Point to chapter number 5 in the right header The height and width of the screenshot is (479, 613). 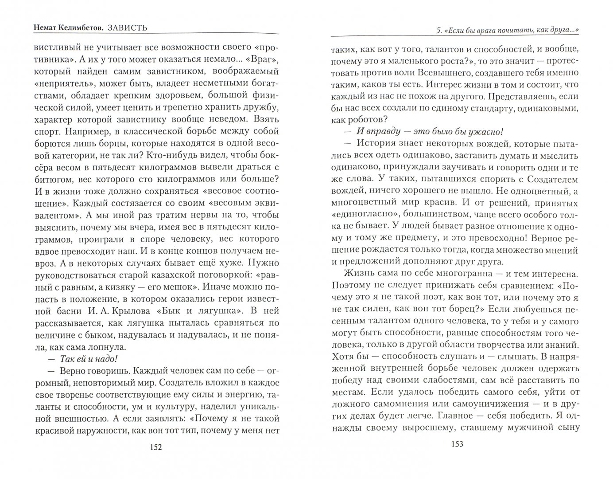click(x=438, y=30)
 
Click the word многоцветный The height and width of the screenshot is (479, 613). click(x=363, y=191)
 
